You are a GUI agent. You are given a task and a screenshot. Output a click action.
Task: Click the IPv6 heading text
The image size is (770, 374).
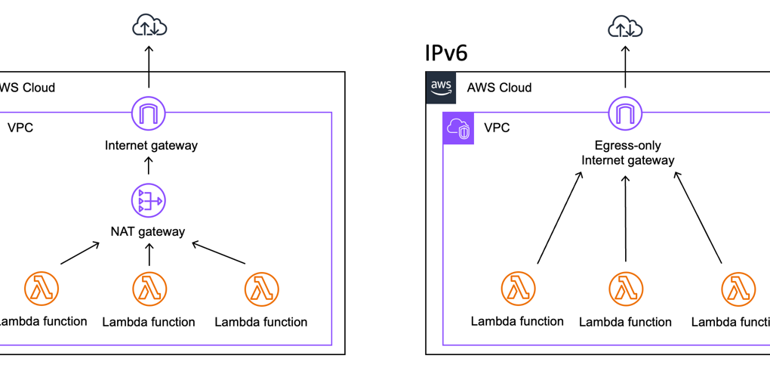[446, 53]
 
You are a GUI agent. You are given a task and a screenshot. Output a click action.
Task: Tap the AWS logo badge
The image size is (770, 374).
[441, 87]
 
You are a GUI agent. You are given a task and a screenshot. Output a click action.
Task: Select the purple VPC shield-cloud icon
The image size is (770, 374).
[458, 128]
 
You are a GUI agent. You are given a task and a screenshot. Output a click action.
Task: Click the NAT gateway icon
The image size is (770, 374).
[149, 201]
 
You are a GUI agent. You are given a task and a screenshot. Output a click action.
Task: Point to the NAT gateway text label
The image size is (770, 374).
[149, 231]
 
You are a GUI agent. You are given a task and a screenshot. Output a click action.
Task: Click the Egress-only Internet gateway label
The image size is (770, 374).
[628, 153]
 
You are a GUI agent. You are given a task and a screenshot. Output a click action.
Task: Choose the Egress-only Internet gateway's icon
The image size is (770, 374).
[625, 114]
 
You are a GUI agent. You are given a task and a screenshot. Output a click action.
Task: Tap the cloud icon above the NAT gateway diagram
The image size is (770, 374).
[149, 27]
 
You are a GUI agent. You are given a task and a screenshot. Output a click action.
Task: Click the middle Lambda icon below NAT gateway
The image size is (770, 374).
[149, 289]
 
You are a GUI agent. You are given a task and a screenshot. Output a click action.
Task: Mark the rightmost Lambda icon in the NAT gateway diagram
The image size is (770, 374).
[261, 289]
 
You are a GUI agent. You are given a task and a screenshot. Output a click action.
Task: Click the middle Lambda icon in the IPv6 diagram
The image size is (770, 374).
[626, 289]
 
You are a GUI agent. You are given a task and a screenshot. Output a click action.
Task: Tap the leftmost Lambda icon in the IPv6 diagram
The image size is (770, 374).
[518, 289]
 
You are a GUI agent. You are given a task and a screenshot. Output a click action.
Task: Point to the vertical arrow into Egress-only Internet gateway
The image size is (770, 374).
[626, 219]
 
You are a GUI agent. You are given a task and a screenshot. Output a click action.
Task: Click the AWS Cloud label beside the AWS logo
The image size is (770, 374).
[499, 88]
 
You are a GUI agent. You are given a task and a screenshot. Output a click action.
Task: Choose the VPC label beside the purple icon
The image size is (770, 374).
[497, 128]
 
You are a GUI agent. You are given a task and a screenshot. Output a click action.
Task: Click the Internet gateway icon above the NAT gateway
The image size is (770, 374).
[149, 114]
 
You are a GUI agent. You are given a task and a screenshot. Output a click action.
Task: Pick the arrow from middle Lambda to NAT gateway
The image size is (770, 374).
[149, 255]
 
